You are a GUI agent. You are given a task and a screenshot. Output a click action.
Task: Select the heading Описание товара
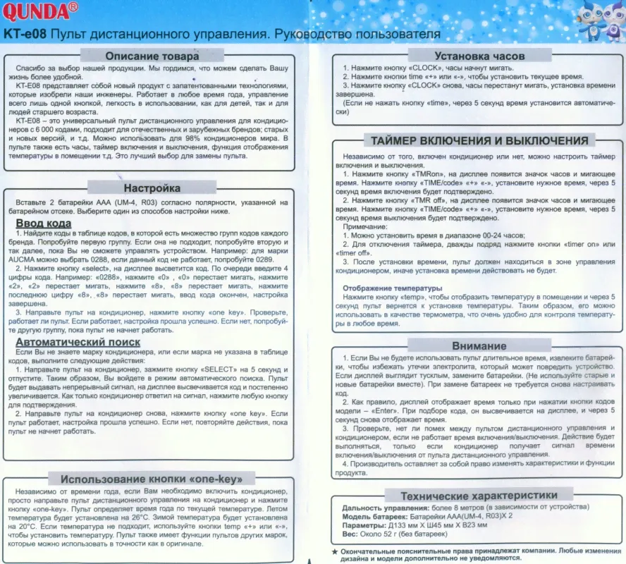tap(152, 56)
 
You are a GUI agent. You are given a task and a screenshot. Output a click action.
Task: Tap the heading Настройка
tap(152, 188)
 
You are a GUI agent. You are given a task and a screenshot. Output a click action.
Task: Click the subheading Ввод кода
tap(43, 224)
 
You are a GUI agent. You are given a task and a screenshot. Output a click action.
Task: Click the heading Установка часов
tap(479, 56)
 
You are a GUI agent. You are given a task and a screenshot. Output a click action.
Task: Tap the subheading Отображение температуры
tap(392, 288)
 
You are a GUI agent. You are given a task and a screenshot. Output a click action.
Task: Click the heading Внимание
tap(479, 345)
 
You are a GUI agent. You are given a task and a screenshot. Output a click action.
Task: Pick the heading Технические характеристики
tap(479, 496)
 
